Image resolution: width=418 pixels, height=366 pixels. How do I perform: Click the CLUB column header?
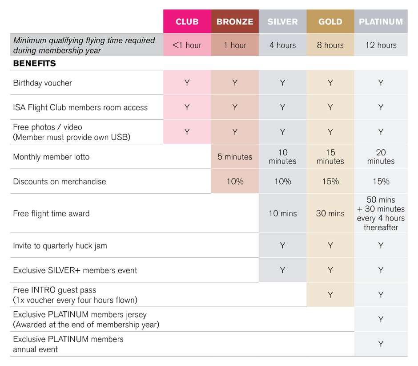pyautogui.click(x=187, y=22)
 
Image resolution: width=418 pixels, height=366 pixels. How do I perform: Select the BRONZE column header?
pyautogui.click(x=235, y=22)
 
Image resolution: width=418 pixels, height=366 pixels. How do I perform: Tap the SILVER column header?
pyautogui.click(x=282, y=22)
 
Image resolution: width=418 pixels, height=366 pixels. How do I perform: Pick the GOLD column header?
pyautogui.click(x=330, y=22)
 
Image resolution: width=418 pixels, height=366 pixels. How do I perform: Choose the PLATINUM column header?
pyautogui.click(x=381, y=22)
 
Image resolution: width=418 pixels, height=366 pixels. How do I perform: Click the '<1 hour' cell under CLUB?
pyautogui.click(x=187, y=45)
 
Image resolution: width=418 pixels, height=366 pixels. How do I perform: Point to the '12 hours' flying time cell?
pyautogui.click(x=381, y=45)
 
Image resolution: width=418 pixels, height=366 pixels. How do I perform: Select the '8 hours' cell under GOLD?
pyautogui.click(x=330, y=45)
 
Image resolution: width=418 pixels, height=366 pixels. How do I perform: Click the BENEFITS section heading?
pyautogui.click(x=34, y=63)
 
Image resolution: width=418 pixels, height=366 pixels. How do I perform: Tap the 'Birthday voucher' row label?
pyautogui.click(x=42, y=83)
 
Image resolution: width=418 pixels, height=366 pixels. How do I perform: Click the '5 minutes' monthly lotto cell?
pyautogui.click(x=235, y=157)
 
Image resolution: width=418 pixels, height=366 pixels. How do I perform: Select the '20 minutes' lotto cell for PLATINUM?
pyautogui.click(x=381, y=157)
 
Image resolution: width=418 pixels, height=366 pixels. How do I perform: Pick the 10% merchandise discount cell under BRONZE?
pyautogui.click(x=235, y=182)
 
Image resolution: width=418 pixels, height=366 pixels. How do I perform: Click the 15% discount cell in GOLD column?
pyautogui.click(x=330, y=182)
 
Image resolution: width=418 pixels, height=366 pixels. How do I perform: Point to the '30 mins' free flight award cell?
pyautogui.click(x=330, y=213)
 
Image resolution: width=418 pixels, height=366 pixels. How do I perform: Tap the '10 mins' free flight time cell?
pyautogui.click(x=282, y=213)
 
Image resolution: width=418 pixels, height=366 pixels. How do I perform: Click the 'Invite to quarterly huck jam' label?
pyautogui.click(x=60, y=245)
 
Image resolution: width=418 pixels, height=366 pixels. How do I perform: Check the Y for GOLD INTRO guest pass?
pyautogui.click(x=330, y=295)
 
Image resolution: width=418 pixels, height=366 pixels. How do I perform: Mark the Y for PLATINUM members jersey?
pyautogui.click(x=381, y=319)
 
